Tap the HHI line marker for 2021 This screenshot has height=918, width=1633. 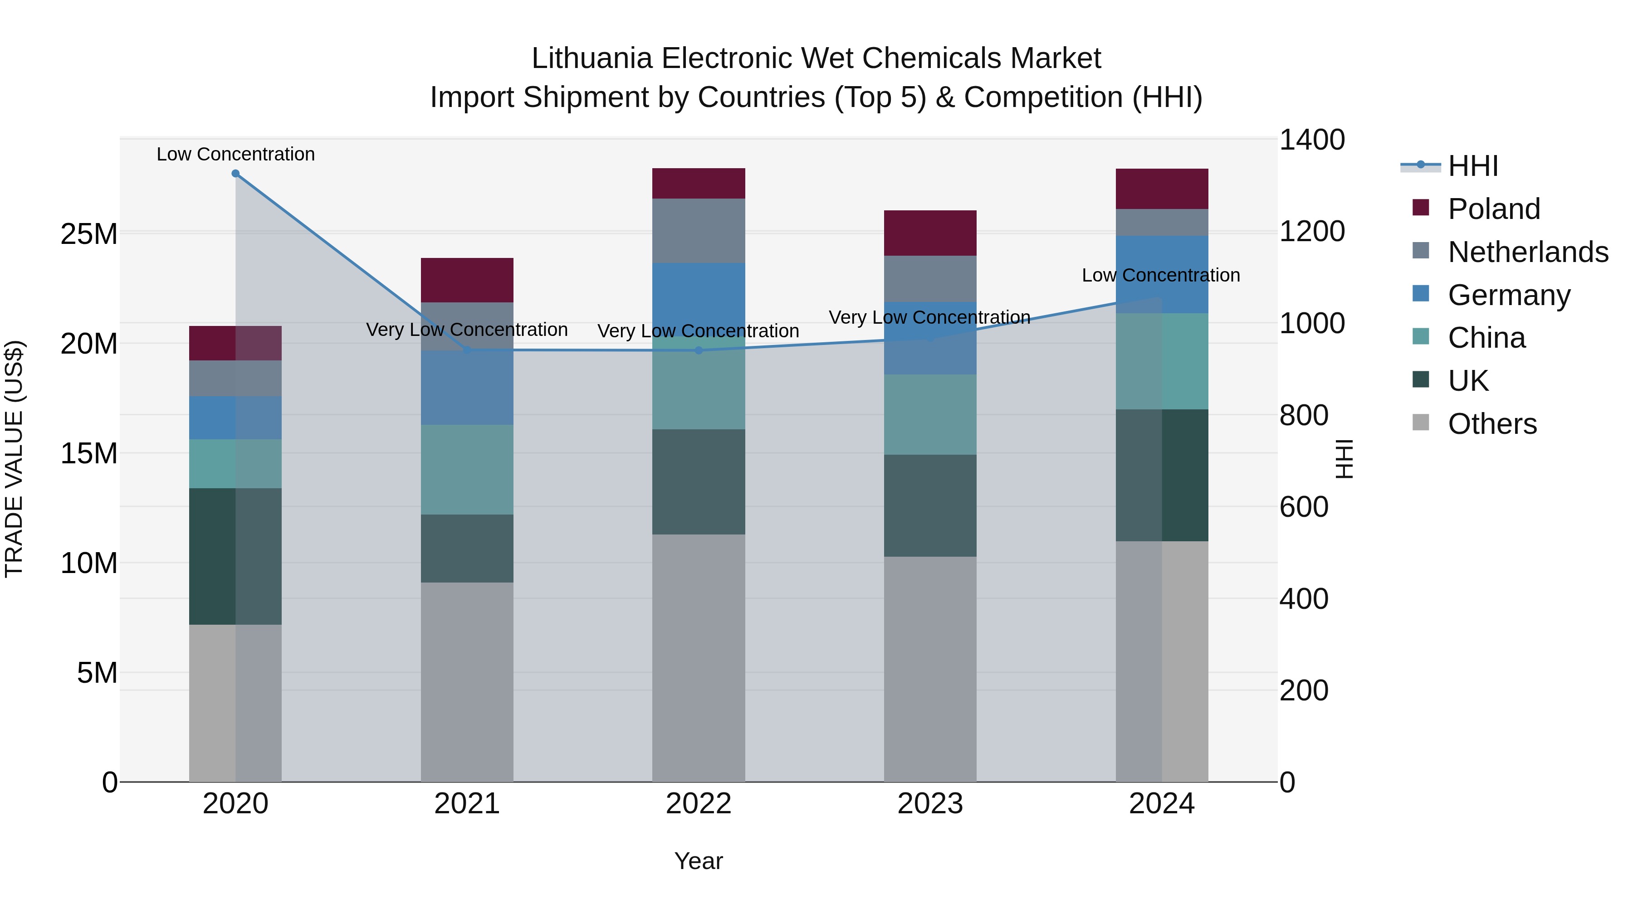tap(467, 350)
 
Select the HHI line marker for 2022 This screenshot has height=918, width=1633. tap(699, 350)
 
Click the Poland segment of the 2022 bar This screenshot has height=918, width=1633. tap(699, 184)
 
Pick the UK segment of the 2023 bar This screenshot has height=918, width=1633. tap(930, 505)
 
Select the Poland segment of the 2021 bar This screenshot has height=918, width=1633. tap(467, 280)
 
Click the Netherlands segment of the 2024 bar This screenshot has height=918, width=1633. tap(1162, 223)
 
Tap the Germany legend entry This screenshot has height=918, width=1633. tap(1509, 295)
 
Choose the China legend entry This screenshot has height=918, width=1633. tap(1486, 338)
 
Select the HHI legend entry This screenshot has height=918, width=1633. tap(1472, 166)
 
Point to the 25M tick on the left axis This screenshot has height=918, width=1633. tap(89, 234)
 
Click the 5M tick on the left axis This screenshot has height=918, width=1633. tap(97, 673)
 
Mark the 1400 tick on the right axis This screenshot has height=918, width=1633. tap(1311, 140)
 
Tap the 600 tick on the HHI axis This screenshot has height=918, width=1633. tap(1303, 507)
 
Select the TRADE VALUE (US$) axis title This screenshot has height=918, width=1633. tap(14, 459)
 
